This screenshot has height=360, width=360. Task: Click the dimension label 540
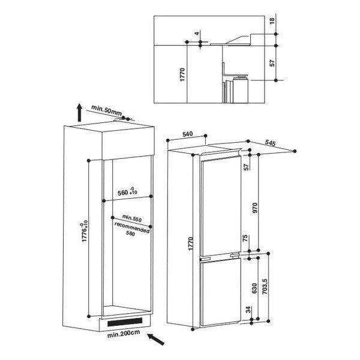pos(188,134)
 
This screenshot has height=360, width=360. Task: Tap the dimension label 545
pos(270,143)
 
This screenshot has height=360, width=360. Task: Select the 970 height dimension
pos(255,208)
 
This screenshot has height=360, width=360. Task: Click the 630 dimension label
pos(254,288)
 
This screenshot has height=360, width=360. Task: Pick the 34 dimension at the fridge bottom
pos(248,310)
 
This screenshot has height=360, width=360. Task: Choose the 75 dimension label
pos(245,238)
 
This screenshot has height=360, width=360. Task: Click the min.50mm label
pos(107,110)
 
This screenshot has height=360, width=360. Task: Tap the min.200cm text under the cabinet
pos(124,334)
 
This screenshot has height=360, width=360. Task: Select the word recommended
pos(132,227)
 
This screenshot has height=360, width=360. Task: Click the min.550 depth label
pos(132,218)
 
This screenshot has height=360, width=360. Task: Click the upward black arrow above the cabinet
pos(79,112)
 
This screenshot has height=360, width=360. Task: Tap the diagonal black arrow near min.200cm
pos(156,340)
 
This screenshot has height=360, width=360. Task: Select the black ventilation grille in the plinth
pos(125,322)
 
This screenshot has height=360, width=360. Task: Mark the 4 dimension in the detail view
pos(197,34)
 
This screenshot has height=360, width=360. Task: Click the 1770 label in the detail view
pos(182,74)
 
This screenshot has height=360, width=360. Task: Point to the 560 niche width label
pos(127,192)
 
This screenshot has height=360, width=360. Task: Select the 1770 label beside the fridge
pos(191,244)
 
